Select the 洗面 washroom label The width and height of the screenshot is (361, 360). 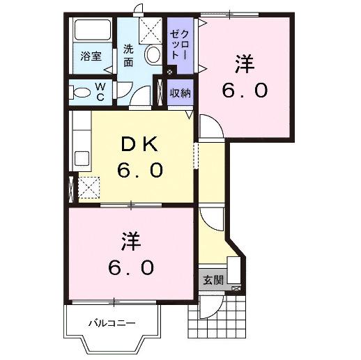coord(130,56)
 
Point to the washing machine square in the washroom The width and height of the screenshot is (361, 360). coord(150,30)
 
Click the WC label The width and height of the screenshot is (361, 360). coord(100,91)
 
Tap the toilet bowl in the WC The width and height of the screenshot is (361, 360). coord(82,92)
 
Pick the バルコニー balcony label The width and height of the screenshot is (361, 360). coord(112,323)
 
